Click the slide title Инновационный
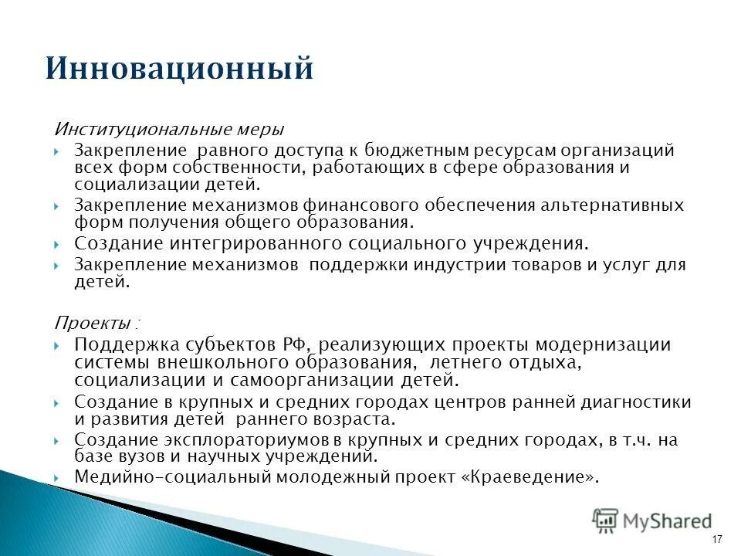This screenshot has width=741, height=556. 179,68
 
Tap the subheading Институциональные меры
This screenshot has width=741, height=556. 167,128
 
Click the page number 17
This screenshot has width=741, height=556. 717,538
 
